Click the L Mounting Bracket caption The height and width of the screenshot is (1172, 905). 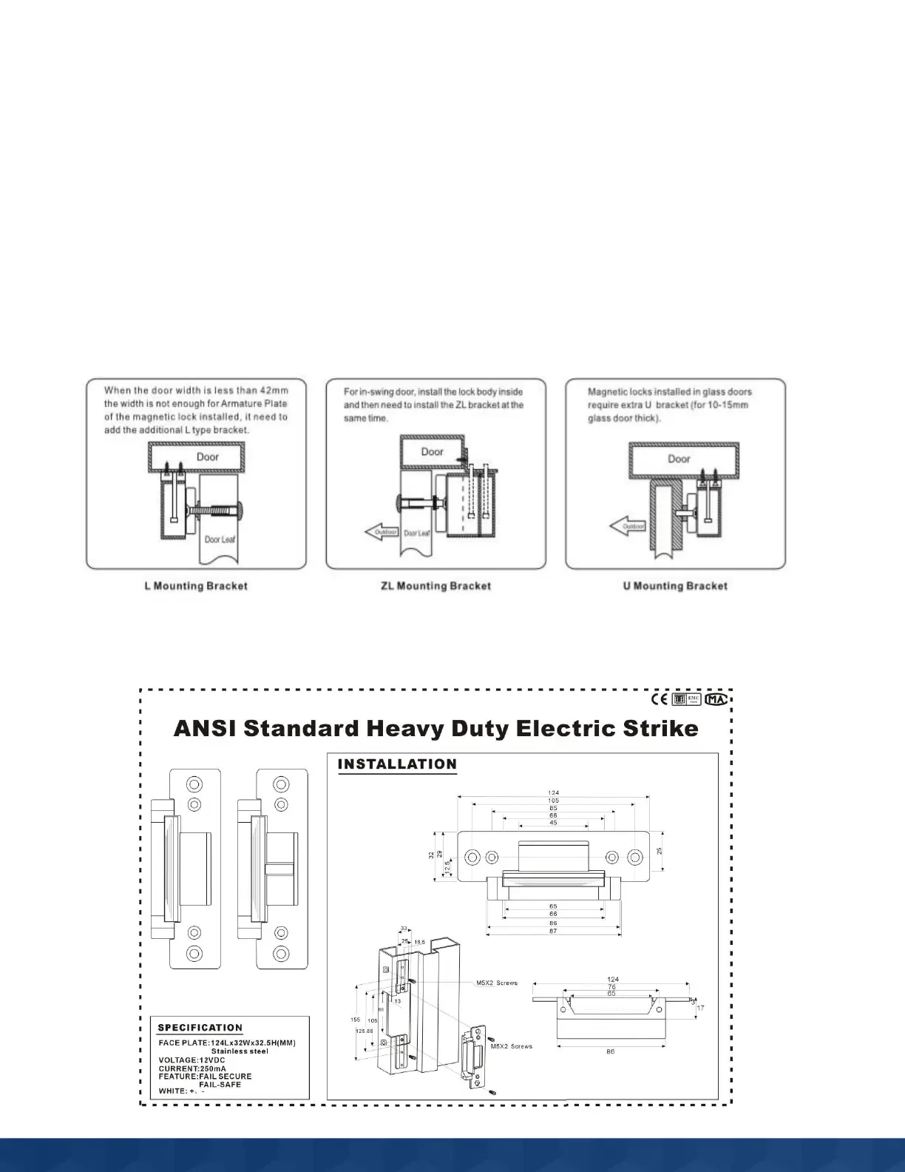point(195,586)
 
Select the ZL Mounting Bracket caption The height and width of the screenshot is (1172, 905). point(435,586)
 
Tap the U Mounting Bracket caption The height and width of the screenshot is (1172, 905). point(675,586)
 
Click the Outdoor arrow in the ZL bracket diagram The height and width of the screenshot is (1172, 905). point(382,532)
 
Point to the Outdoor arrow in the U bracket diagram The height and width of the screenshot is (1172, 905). point(627,527)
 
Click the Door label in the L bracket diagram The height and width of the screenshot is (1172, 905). point(208,457)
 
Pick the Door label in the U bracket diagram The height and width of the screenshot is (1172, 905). point(679,459)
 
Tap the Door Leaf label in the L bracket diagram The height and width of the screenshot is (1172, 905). point(220,539)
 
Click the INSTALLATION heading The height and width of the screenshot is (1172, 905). point(397,764)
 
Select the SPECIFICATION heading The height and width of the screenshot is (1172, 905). point(200,1028)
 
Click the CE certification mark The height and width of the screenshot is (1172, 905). point(659,699)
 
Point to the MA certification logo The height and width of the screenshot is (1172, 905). point(716,699)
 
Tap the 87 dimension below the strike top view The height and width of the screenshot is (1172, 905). point(553,931)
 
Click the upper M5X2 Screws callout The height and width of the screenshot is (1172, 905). point(497,983)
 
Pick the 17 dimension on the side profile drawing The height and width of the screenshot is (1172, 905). point(700,1008)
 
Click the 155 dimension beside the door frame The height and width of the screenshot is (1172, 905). point(356,1020)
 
